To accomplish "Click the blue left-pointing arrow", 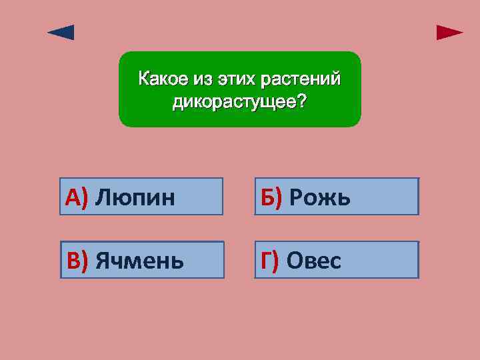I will click(61, 33).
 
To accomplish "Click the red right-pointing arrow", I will click(449, 33).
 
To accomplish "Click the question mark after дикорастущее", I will click(303, 102).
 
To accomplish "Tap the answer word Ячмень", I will click(139, 261).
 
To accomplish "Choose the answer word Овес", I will click(313, 261).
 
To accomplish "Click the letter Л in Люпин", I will click(103, 197).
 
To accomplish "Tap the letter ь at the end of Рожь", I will click(343, 197).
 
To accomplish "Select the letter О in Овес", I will click(294, 261).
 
